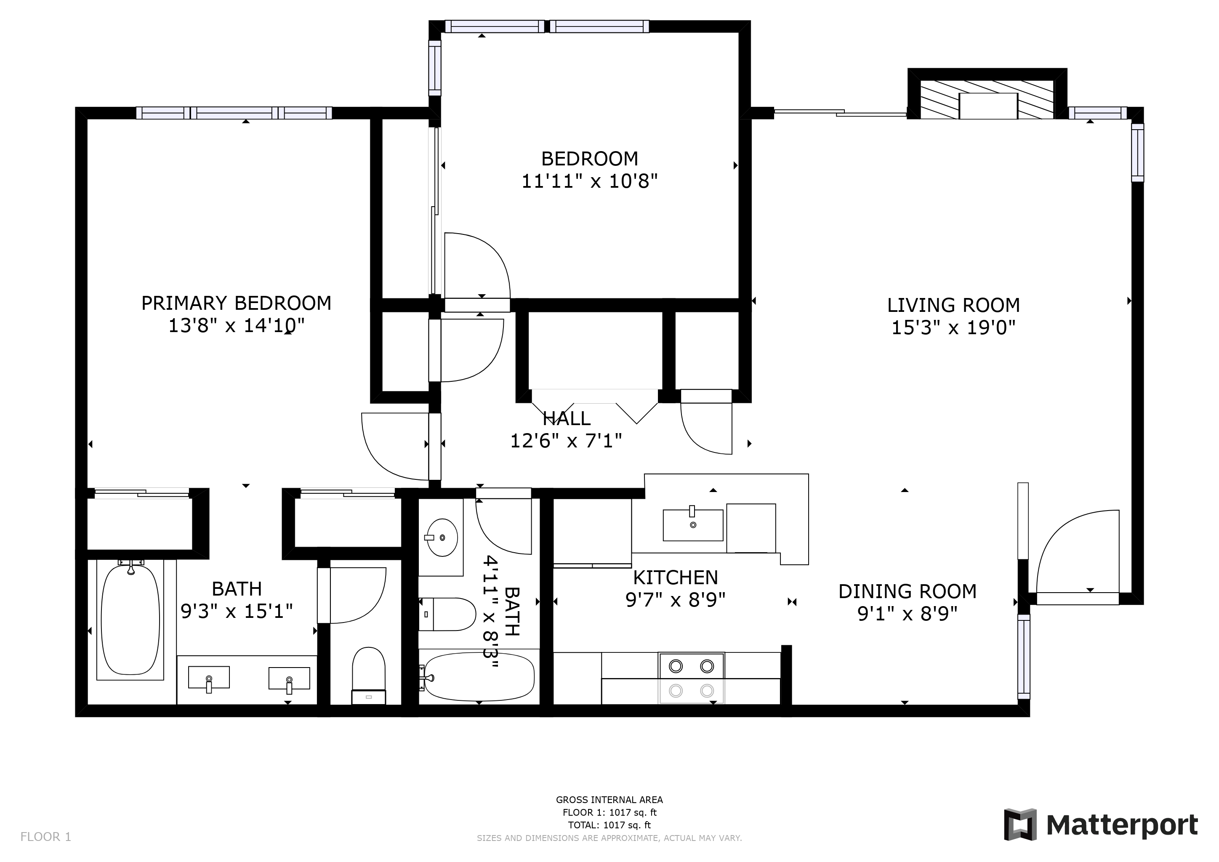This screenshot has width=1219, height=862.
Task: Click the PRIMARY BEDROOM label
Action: pos(236,303)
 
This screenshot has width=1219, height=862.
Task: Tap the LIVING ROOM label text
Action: pos(953,305)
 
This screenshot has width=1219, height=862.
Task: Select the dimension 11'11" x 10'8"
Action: pos(589,181)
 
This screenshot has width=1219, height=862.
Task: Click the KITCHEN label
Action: pos(675,577)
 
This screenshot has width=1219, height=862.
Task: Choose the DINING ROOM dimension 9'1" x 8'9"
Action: pos(908,614)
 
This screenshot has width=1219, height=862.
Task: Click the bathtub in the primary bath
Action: pos(130,620)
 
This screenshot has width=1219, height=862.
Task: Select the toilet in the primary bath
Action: pos(368,675)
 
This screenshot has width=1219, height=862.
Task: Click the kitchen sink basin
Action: pos(693,525)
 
